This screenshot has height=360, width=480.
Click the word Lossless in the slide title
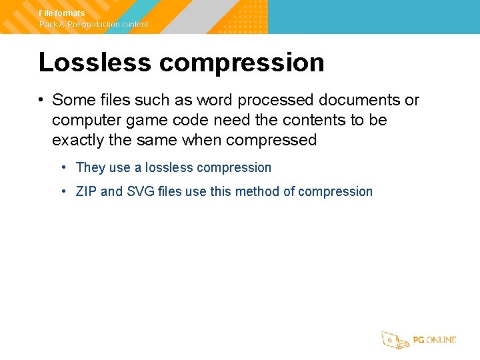pos(94,63)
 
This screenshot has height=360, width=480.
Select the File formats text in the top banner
pos(62,13)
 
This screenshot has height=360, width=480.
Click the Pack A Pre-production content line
pos(93,25)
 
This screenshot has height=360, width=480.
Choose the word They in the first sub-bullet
pos(91,167)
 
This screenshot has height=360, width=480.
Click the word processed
pos(275,100)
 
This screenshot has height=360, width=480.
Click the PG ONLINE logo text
pos(434,340)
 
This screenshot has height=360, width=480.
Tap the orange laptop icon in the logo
pos(395,340)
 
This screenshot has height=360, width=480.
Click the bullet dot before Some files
pos(41,101)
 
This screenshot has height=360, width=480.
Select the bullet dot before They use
pos(63,168)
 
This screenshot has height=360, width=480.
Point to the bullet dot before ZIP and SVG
pos(63,192)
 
